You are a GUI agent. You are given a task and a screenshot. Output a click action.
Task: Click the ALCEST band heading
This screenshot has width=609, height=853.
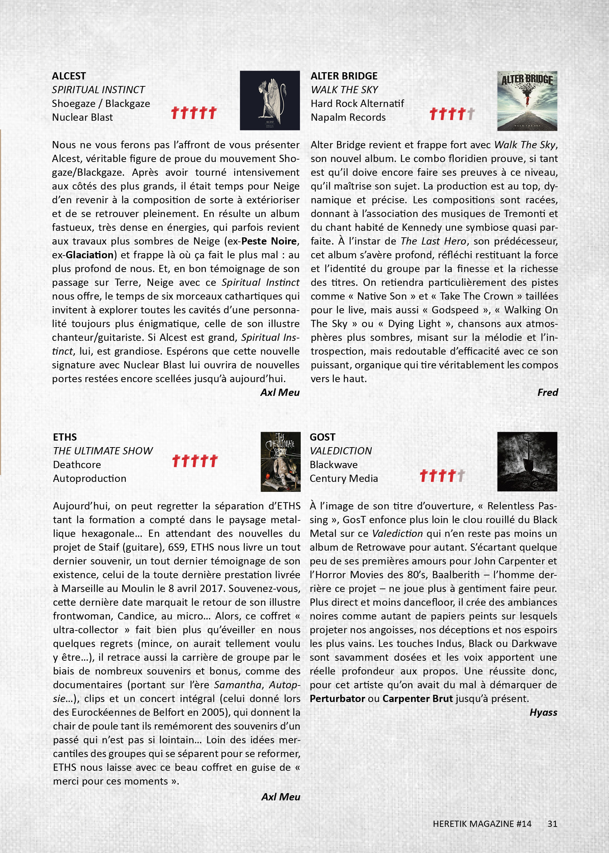click(x=69, y=76)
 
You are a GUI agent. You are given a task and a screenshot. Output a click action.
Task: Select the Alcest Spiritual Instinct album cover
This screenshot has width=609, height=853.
click(x=270, y=100)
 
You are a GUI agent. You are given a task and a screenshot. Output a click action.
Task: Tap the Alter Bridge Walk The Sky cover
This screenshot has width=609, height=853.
click(x=527, y=100)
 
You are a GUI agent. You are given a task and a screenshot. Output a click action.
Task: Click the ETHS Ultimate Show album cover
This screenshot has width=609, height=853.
click(x=280, y=462)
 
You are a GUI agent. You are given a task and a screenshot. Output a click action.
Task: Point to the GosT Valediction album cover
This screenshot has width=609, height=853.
click(x=527, y=461)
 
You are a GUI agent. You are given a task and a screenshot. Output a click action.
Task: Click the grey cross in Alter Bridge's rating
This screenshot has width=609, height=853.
click(x=471, y=114)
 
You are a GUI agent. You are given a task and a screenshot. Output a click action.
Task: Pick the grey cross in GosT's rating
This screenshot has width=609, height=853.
click(x=461, y=475)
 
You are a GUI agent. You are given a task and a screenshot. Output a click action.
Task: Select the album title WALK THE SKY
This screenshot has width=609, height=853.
click(x=344, y=90)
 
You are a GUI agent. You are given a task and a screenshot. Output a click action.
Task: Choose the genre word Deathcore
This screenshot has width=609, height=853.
click(x=77, y=465)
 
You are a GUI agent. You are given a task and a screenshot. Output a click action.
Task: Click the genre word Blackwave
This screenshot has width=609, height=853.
click(x=333, y=465)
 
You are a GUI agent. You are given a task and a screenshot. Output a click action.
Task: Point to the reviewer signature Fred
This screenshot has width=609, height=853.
click(x=547, y=392)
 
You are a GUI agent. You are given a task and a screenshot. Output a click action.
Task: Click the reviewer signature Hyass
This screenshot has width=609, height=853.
click(x=543, y=712)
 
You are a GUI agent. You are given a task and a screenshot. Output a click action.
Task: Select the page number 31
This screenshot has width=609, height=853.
click(x=552, y=824)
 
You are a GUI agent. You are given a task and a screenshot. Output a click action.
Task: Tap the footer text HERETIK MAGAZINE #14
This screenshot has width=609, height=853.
click(x=482, y=824)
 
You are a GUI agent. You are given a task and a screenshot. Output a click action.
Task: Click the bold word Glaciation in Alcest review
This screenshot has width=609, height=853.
click(x=90, y=255)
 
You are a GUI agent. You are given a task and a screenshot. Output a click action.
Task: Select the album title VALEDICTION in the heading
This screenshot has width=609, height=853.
click(x=341, y=451)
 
